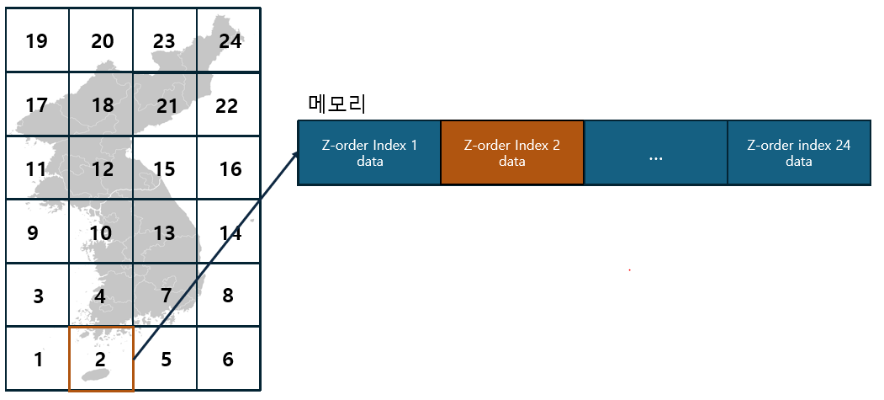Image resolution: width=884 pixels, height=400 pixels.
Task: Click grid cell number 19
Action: (x=36, y=40)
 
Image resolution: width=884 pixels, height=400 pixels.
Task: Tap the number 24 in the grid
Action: (x=230, y=40)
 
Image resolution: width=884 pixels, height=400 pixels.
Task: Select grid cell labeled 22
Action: (x=226, y=106)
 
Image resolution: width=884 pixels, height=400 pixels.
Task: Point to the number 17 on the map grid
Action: (x=36, y=106)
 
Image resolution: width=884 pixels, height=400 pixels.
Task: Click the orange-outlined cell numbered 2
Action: (x=101, y=360)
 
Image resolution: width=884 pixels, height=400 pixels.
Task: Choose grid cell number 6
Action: (x=228, y=360)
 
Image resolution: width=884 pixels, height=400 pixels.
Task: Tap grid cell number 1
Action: (x=38, y=360)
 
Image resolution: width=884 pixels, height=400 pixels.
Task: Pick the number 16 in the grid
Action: (x=230, y=169)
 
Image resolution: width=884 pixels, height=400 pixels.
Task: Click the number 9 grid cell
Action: (x=34, y=232)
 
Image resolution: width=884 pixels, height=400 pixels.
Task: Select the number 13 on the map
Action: (x=164, y=232)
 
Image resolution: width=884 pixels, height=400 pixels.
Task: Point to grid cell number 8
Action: (x=228, y=296)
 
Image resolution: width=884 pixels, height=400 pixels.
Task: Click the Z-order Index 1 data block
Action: (x=369, y=152)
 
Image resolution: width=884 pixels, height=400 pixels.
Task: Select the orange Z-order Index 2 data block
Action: (x=512, y=152)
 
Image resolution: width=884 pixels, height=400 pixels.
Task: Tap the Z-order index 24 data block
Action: (x=798, y=152)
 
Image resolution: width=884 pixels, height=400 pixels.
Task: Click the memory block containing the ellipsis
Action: (x=656, y=153)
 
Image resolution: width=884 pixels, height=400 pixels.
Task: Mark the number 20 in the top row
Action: (x=102, y=40)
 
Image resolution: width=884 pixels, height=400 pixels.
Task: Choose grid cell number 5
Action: (x=166, y=360)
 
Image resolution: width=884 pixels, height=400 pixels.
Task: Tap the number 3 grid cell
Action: (x=38, y=296)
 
